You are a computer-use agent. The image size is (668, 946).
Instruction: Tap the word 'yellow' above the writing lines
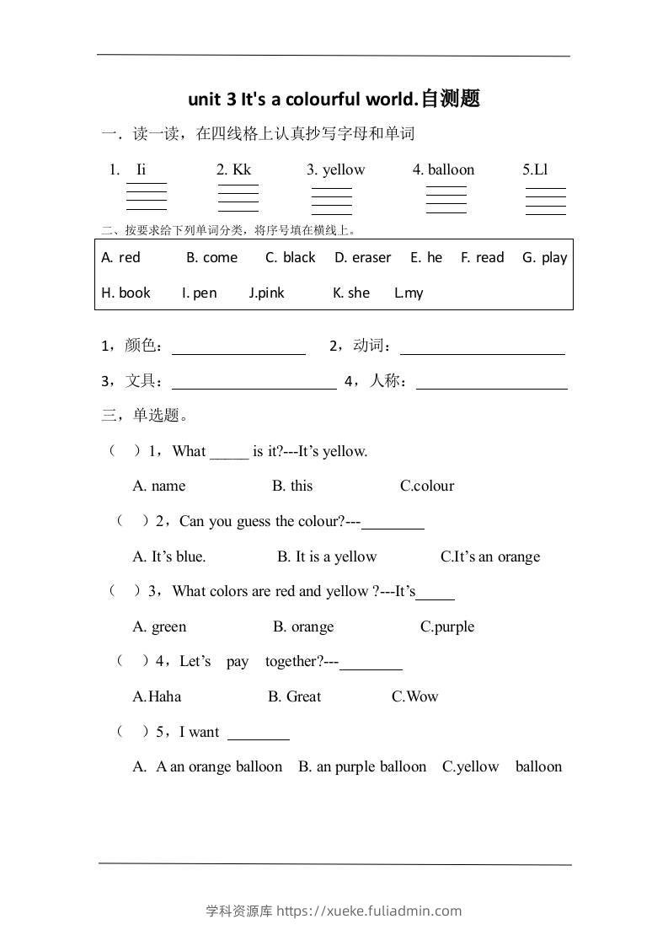tap(344, 169)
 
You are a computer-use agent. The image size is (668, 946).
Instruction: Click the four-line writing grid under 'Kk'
tap(238, 198)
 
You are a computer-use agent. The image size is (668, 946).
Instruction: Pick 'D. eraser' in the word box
tap(362, 258)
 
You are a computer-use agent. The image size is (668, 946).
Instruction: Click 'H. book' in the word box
tap(126, 293)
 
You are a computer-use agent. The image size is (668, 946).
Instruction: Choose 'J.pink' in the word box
tap(267, 293)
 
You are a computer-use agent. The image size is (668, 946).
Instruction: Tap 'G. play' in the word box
tap(544, 258)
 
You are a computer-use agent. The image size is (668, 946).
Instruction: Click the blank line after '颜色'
tap(238, 347)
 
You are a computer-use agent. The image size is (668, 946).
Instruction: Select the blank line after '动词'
tap(482, 347)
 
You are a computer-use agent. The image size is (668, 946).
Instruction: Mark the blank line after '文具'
tap(254, 383)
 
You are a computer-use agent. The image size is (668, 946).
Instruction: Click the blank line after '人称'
tap(492, 383)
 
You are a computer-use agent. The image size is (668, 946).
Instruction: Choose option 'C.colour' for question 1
tap(427, 486)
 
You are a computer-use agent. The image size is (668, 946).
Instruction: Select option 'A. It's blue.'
tap(169, 556)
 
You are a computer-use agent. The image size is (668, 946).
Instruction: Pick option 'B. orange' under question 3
tap(303, 627)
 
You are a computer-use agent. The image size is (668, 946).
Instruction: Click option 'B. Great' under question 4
tap(295, 697)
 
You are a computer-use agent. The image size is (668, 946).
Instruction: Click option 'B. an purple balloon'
tap(362, 767)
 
